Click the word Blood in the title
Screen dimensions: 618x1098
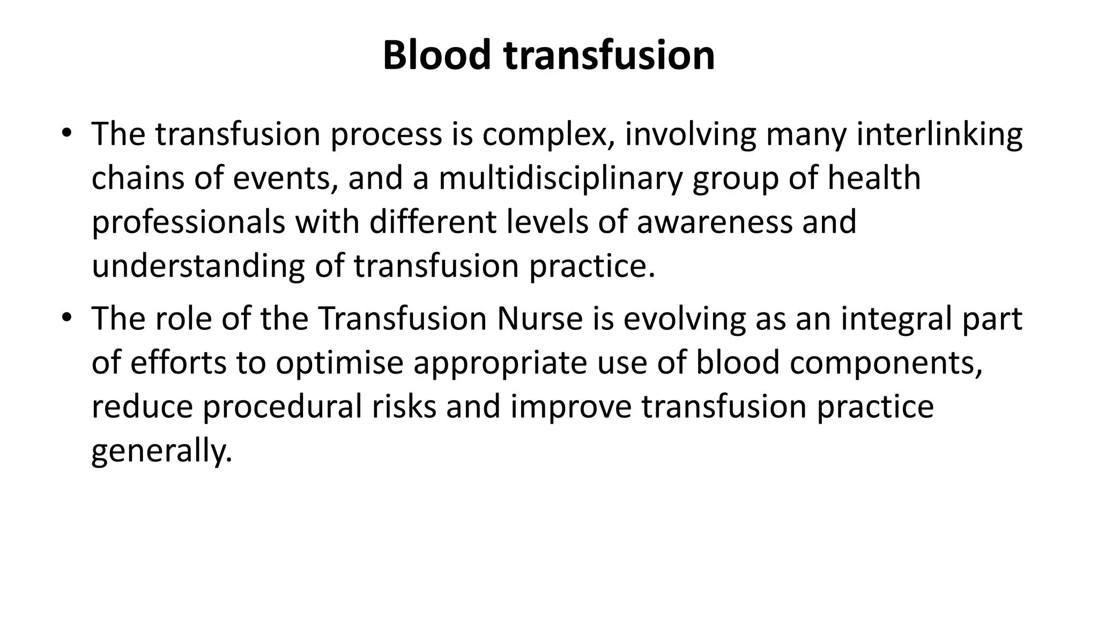436,55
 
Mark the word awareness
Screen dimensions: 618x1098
714,222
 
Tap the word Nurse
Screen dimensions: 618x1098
539,318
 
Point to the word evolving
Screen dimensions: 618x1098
684,319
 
